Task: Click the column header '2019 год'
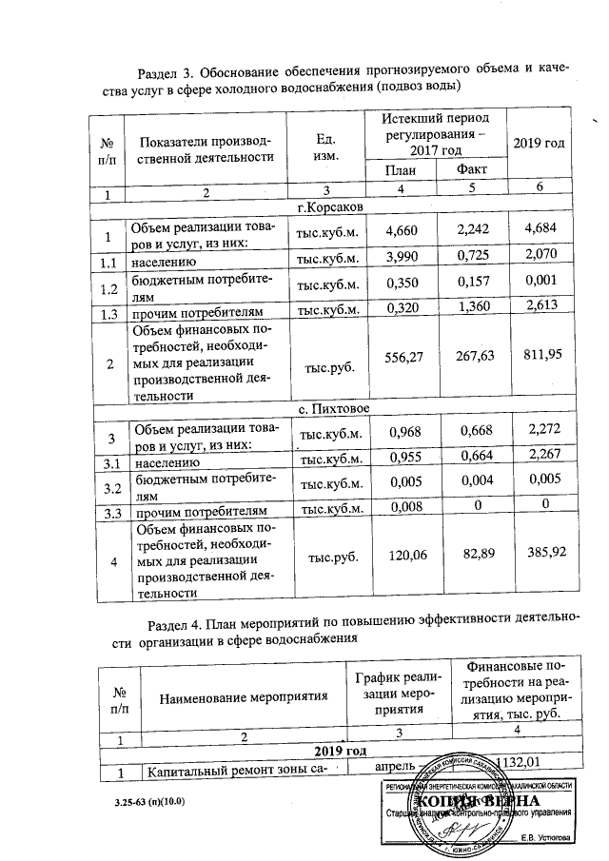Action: [x=540, y=143]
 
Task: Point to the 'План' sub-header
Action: [x=401, y=170]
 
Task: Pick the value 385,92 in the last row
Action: [x=539, y=554]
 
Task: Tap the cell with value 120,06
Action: [x=401, y=555]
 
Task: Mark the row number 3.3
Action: [x=111, y=510]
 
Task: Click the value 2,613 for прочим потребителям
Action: [x=539, y=311]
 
